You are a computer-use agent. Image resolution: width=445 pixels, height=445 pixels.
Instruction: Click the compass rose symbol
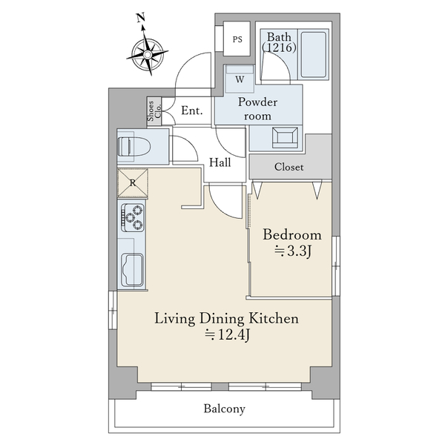click(148, 53)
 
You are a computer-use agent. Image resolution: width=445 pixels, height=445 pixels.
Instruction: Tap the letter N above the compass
click(141, 18)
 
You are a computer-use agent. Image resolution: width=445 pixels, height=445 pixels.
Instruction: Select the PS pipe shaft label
click(237, 39)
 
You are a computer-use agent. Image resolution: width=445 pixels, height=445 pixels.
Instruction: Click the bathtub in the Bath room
click(313, 54)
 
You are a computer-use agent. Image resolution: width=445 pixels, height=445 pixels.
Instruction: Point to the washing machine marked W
click(240, 79)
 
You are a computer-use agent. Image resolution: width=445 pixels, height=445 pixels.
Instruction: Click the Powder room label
click(257, 109)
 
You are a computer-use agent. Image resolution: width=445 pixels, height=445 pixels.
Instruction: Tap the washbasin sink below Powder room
click(285, 138)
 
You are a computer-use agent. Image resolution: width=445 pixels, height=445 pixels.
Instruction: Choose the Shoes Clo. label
click(154, 111)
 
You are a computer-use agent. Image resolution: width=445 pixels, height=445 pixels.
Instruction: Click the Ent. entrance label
click(192, 110)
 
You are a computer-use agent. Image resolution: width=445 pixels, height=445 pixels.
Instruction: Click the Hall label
click(220, 162)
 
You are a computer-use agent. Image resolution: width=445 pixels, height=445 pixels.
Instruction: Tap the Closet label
click(289, 167)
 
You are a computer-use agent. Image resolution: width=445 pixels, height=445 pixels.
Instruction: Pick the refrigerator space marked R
click(133, 182)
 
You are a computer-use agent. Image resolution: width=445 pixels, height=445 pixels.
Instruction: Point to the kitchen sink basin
click(132, 270)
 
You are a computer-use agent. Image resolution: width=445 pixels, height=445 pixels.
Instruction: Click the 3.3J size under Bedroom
click(293, 251)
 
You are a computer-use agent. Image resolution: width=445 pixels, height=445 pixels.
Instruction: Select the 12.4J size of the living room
click(228, 335)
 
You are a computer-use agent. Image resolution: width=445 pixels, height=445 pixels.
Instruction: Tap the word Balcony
click(224, 409)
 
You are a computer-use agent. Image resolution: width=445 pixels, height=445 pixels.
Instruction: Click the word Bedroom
click(292, 234)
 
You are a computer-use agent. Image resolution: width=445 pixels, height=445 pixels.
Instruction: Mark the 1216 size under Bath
click(279, 47)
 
